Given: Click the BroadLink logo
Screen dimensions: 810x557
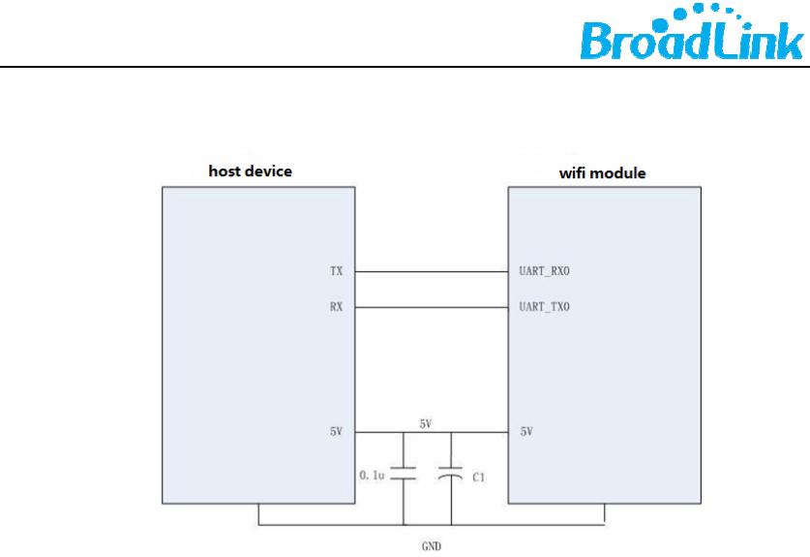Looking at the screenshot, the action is point(691,39).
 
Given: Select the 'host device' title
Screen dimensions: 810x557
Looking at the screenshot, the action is point(250,171).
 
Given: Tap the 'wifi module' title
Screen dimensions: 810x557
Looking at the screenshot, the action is point(602,173).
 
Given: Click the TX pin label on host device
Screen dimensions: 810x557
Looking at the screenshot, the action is point(336,272).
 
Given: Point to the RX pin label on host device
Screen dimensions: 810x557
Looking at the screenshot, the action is point(336,308).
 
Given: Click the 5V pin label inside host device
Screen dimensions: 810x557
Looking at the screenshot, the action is point(336,431).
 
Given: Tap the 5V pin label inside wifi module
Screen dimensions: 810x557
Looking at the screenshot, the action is point(527,431).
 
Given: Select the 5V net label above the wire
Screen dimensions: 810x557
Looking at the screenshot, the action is point(426,424).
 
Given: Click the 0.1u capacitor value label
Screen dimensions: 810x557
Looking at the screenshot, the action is point(373,476).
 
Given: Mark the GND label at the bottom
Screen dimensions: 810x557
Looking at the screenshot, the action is point(432,546).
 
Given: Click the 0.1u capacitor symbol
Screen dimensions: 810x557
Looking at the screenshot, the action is point(403,473).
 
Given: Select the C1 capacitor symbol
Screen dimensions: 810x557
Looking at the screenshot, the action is point(450,473).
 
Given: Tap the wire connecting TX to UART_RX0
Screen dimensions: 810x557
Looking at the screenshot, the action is point(432,272).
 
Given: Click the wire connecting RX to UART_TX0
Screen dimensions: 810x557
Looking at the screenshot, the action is point(432,308).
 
